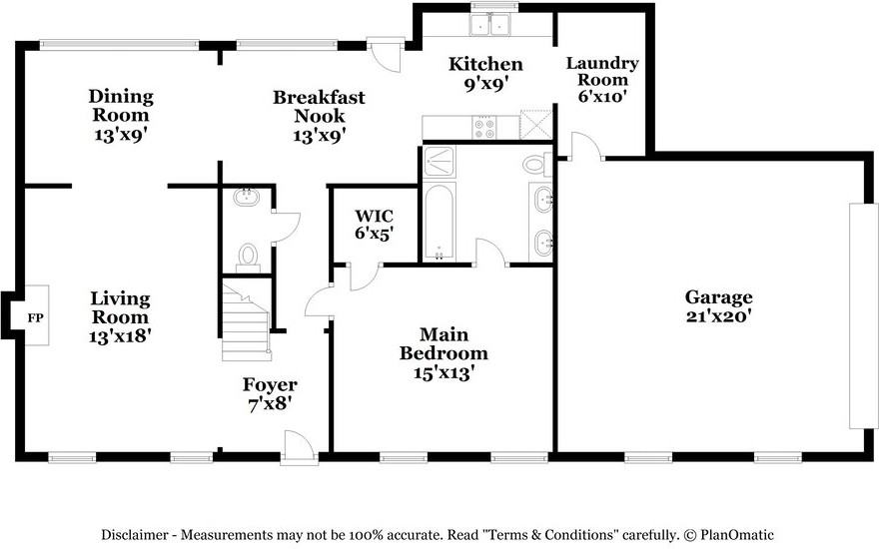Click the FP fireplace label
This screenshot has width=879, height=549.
pyautogui.click(x=35, y=317)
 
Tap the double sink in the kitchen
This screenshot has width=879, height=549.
pyautogui.click(x=491, y=26)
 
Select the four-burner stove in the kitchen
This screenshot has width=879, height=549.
pyautogui.click(x=484, y=128)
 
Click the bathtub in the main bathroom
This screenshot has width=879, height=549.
pyautogui.click(x=439, y=221)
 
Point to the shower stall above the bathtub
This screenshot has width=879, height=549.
pyautogui.click(x=439, y=161)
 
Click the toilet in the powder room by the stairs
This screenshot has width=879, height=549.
pyautogui.click(x=248, y=257)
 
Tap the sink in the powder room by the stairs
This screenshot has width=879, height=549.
pyautogui.click(x=246, y=198)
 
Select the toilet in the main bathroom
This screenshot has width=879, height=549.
pyautogui.click(x=535, y=163)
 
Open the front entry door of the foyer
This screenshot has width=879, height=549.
pyautogui.click(x=299, y=446)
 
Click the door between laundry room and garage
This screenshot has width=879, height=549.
pyautogui.click(x=584, y=147)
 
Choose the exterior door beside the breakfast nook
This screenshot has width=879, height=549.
pyautogui.click(x=383, y=56)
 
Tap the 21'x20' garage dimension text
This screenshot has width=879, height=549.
pyautogui.click(x=718, y=315)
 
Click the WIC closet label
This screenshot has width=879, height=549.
pyautogui.click(x=375, y=216)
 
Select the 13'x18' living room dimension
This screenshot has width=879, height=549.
pyautogui.click(x=120, y=335)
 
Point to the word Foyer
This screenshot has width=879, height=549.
pyautogui.click(x=270, y=385)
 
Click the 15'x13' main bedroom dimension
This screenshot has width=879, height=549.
pyautogui.click(x=443, y=372)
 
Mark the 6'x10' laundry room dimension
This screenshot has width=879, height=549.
pyautogui.click(x=603, y=97)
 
